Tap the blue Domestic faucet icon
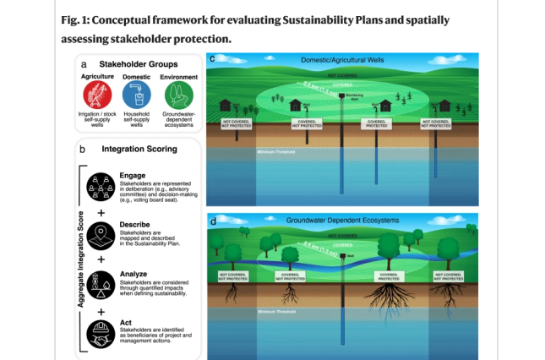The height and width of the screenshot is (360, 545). point(138,94)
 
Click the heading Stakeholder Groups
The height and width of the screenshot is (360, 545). point(137,63)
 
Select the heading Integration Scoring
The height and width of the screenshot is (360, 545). point(139,149)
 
